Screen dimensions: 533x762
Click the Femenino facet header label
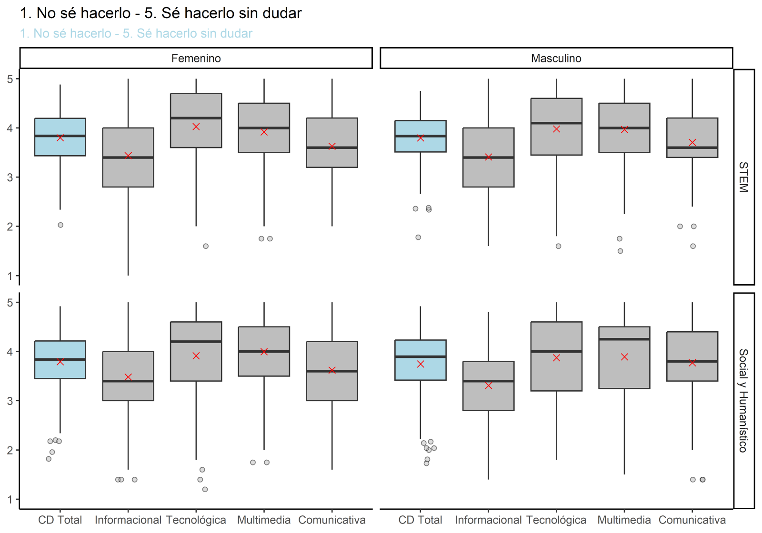196,59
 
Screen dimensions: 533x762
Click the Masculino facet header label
556,59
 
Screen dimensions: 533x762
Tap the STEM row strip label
743,177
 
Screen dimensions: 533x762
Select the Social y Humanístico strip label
743,401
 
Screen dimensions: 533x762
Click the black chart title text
160,13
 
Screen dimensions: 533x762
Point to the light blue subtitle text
136,34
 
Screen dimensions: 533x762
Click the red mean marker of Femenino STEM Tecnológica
196,127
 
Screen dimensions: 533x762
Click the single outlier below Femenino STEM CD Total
60,225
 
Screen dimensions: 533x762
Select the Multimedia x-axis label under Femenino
264,520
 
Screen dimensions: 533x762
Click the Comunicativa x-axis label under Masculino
692,520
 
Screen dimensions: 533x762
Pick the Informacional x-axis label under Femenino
128,520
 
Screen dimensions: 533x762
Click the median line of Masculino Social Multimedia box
624,339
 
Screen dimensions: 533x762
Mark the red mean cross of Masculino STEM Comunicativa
692,143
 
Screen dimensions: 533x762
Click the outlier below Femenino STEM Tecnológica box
206,246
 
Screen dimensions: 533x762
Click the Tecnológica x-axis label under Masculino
556,520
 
